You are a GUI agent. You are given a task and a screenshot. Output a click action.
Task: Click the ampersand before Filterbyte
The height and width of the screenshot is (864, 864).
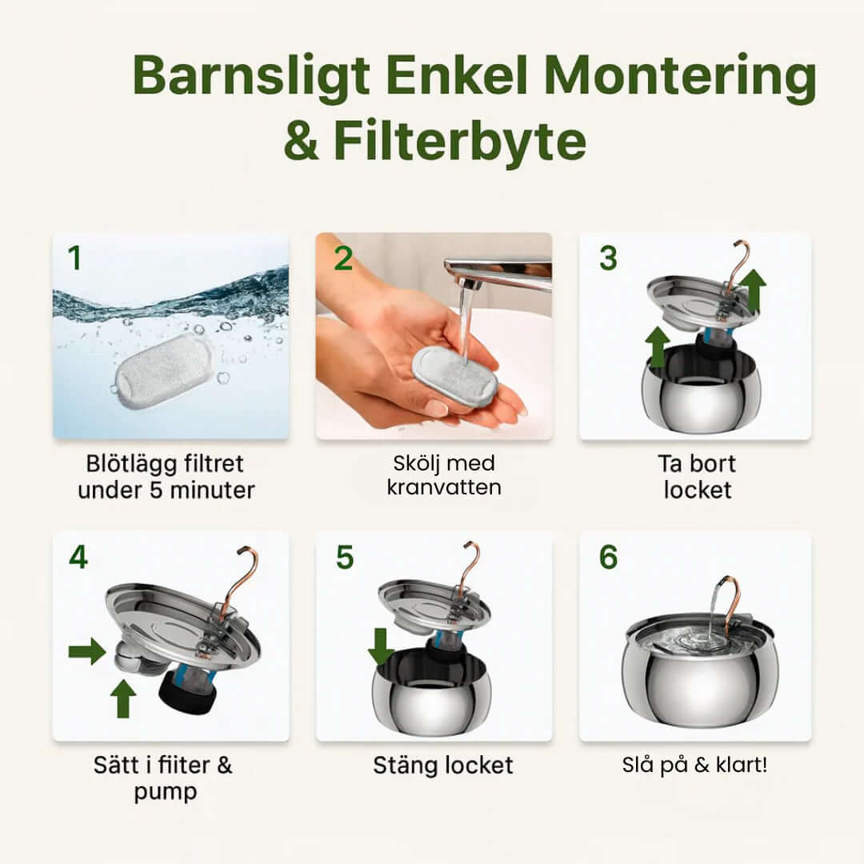(x=302, y=142)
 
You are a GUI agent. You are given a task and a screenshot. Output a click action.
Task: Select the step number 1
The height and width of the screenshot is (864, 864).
(x=74, y=258)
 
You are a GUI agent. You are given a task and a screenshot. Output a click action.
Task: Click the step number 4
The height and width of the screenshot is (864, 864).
(x=78, y=557)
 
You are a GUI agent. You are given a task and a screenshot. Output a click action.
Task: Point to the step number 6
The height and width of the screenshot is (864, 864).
(x=608, y=558)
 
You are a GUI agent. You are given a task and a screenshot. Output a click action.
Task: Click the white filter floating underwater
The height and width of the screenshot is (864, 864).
(x=163, y=371)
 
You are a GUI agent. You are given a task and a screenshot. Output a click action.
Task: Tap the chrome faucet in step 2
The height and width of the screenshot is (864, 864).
(x=496, y=272)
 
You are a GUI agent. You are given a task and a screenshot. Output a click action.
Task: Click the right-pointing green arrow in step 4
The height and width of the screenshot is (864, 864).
(x=86, y=651)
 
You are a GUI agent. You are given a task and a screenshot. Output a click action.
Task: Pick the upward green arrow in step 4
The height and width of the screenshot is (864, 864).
(x=122, y=698)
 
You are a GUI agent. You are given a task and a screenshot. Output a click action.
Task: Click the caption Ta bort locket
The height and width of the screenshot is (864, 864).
(x=697, y=477)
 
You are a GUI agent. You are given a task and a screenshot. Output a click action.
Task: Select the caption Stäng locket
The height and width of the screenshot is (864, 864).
(x=442, y=765)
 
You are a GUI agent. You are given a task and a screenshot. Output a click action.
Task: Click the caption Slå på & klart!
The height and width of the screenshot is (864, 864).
(x=694, y=765)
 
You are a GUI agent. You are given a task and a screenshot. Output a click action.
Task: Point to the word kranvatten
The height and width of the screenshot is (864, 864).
(x=443, y=486)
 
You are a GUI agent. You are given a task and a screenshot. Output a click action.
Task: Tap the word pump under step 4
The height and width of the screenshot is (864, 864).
(x=164, y=792)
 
